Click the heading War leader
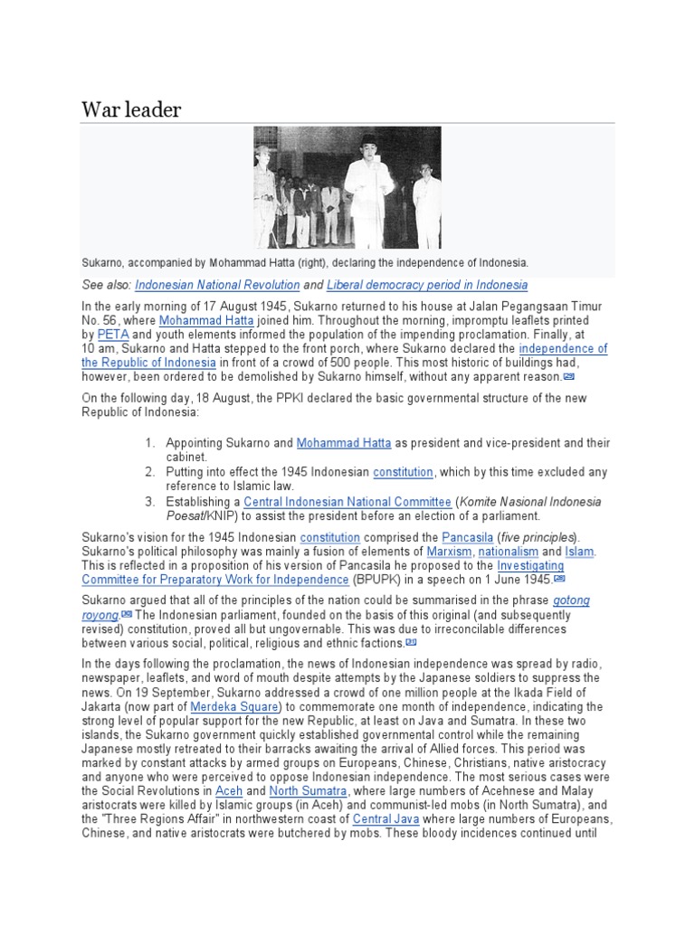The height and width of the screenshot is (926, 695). click(x=131, y=110)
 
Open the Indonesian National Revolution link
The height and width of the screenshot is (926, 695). click(x=217, y=285)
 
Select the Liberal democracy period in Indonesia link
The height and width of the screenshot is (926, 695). click(x=428, y=285)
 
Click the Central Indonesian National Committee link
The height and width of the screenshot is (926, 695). click(x=347, y=502)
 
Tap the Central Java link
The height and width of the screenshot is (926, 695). click(x=384, y=819)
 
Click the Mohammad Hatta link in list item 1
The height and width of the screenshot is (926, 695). click(x=344, y=443)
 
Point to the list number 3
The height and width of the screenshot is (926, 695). click(x=149, y=502)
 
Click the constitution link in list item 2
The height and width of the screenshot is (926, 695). click(x=404, y=472)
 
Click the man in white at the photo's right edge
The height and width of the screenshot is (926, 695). click(x=426, y=203)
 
